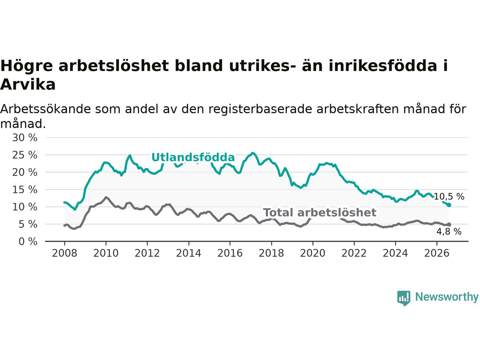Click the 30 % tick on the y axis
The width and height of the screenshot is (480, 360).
click(x=25, y=138)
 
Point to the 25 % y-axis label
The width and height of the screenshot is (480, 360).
click(x=25, y=155)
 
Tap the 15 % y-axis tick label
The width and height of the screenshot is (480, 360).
click(x=25, y=189)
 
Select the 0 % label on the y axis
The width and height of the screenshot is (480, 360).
click(x=28, y=241)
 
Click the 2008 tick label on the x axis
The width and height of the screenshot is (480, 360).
click(x=64, y=253)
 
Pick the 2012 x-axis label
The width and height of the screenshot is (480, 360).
click(x=147, y=253)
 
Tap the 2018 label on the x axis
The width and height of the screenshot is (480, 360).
click(x=271, y=253)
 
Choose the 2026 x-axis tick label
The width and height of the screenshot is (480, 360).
click(x=437, y=253)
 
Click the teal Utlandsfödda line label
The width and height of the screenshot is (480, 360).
click(x=193, y=157)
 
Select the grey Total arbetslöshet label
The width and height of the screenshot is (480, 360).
click(x=319, y=213)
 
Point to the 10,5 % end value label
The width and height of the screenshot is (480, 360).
click(x=449, y=196)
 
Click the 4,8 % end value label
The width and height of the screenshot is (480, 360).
click(x=449, y=231)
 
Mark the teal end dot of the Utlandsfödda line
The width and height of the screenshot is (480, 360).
click(x=449, y=205)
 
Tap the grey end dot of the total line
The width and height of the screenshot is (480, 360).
click(x=449, y=225)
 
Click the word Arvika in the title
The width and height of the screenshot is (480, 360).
click(x=28, y=85)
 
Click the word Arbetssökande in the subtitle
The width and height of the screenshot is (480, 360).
click(x=45, y=109)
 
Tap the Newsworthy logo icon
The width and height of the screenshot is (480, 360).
click(x=403, y=298)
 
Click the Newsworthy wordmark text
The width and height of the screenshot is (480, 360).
click(x=447, y=297)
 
